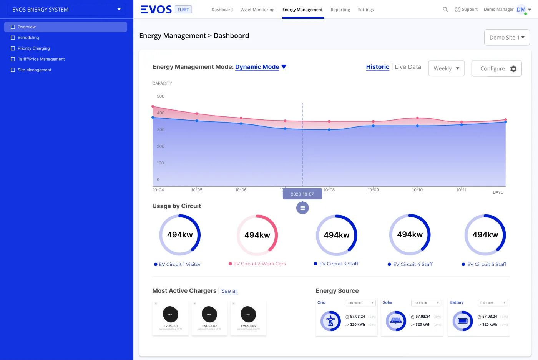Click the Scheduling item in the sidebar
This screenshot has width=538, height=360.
coord(28,38)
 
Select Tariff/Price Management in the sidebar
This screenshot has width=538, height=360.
coord(41,59)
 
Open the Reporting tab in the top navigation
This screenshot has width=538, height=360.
coord(340,10)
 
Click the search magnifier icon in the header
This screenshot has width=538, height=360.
coord(445,9)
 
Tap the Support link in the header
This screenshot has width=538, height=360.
coord(466,9)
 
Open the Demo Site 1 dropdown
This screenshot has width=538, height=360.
coord(506,37)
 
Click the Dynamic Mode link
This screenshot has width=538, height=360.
coord(257,67)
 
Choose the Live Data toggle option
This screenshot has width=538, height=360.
coord(408,67)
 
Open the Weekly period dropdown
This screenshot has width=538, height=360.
coord(446,68)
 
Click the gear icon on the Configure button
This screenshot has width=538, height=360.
coord(513,69)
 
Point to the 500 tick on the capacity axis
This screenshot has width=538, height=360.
coord(161,96)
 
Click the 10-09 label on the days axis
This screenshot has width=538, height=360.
coord(373,190)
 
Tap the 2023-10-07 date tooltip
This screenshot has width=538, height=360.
coord(302,194)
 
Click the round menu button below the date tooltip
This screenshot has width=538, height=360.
coord(302,208)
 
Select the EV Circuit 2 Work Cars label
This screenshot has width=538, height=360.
coord(259,264)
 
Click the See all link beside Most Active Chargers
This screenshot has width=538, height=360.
coord(229,291)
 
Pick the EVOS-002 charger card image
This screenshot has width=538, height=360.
coord(209,314)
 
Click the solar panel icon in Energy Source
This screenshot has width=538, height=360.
coord(396,321)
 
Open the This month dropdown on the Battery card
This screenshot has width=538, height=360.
coord(493,303)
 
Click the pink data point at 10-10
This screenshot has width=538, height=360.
coord(417,118)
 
